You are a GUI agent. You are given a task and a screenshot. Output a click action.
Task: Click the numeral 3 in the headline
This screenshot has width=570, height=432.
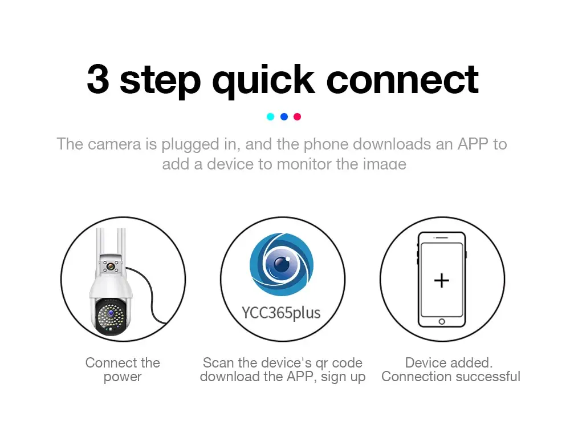[x=98, y=79]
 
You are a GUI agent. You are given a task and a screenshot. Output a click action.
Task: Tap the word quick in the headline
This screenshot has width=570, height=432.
[x=263, y=81]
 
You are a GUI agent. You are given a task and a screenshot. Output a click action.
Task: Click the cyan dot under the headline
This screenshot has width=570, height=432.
[x=270, y=116]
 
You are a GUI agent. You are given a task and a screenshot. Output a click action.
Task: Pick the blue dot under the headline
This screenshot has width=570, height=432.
[x=284, y=116]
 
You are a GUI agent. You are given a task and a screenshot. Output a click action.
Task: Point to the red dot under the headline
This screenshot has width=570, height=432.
[x=298, y=116]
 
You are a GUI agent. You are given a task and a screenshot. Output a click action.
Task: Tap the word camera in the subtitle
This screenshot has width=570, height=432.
[x=114, y=144]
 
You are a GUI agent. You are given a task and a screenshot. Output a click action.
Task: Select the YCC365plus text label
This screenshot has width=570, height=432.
[x=282, y=313]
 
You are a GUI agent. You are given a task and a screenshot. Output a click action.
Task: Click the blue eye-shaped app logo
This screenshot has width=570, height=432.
[x=282, y=264]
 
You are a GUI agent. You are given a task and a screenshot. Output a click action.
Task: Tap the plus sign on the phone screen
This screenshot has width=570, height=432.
[x=442, y=281]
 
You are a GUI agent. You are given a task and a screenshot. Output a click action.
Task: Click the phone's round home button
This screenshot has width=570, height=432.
[x=442, y=322]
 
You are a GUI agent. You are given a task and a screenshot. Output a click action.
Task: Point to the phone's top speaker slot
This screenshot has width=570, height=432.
[x=442, y=238]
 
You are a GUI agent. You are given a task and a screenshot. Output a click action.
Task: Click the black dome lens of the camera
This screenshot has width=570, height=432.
[x=111, y=317]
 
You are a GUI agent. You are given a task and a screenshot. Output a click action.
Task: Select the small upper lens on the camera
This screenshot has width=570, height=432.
[x=111, y=267]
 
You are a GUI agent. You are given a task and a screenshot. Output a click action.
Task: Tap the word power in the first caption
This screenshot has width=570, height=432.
[x=123, y=377]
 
